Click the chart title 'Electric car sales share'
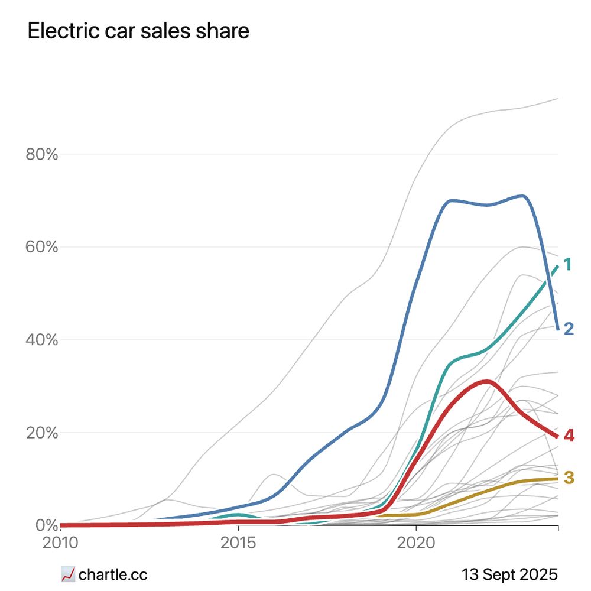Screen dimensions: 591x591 [x=138, y=31]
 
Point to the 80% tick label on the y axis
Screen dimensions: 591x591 [x=41, y=155]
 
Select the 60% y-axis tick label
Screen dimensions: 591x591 [x=41, y=247]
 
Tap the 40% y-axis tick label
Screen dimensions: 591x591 [x=41, y=340]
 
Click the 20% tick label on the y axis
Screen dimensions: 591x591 [x=41, y=433]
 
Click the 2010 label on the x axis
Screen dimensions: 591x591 [x=60, y=543]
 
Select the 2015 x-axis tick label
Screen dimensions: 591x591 [x=238, y=543]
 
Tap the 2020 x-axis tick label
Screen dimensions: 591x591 [x=415, y=543]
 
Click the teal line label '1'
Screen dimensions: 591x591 [x=567, y=264]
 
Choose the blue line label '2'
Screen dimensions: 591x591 [x=569, y=329]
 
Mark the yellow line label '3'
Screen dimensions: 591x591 [x=569, y=478]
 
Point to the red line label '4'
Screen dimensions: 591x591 [x=569, y=436]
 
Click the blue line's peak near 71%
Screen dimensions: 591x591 [x=522, y=196]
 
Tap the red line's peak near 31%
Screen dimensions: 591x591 [x=486, y=381]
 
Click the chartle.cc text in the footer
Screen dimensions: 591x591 [x=113, y=574]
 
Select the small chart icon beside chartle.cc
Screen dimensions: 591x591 [x=68, y=574]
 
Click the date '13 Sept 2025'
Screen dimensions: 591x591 [x=509, y=574]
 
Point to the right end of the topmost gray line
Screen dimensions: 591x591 [x=557, y=99]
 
